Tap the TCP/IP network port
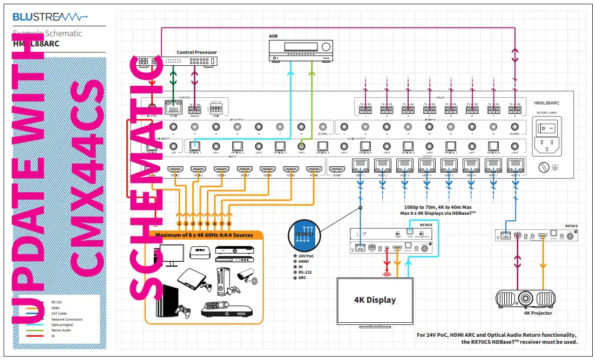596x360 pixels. (173, 108)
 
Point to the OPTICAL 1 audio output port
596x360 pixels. (195, 146)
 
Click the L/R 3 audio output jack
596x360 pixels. (301, 146)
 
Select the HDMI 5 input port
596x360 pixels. (246, 171)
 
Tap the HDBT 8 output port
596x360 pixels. (514, 166)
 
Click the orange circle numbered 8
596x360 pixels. (229, 223)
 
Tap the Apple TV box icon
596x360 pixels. (200, 252)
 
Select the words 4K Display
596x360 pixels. (375, 300)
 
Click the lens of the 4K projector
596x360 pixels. (524, 297)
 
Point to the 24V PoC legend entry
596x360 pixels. (306, 256)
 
